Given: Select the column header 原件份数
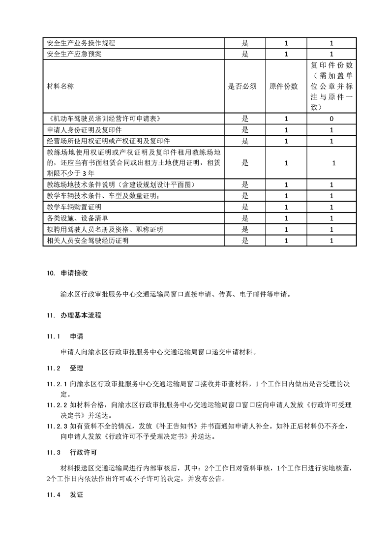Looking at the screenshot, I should pos(284,86).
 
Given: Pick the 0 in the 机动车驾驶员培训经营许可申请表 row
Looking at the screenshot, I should pos(332,119).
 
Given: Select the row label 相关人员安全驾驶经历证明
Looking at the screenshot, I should pos(85,241).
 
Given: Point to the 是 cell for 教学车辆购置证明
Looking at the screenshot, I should pos(245,207).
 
